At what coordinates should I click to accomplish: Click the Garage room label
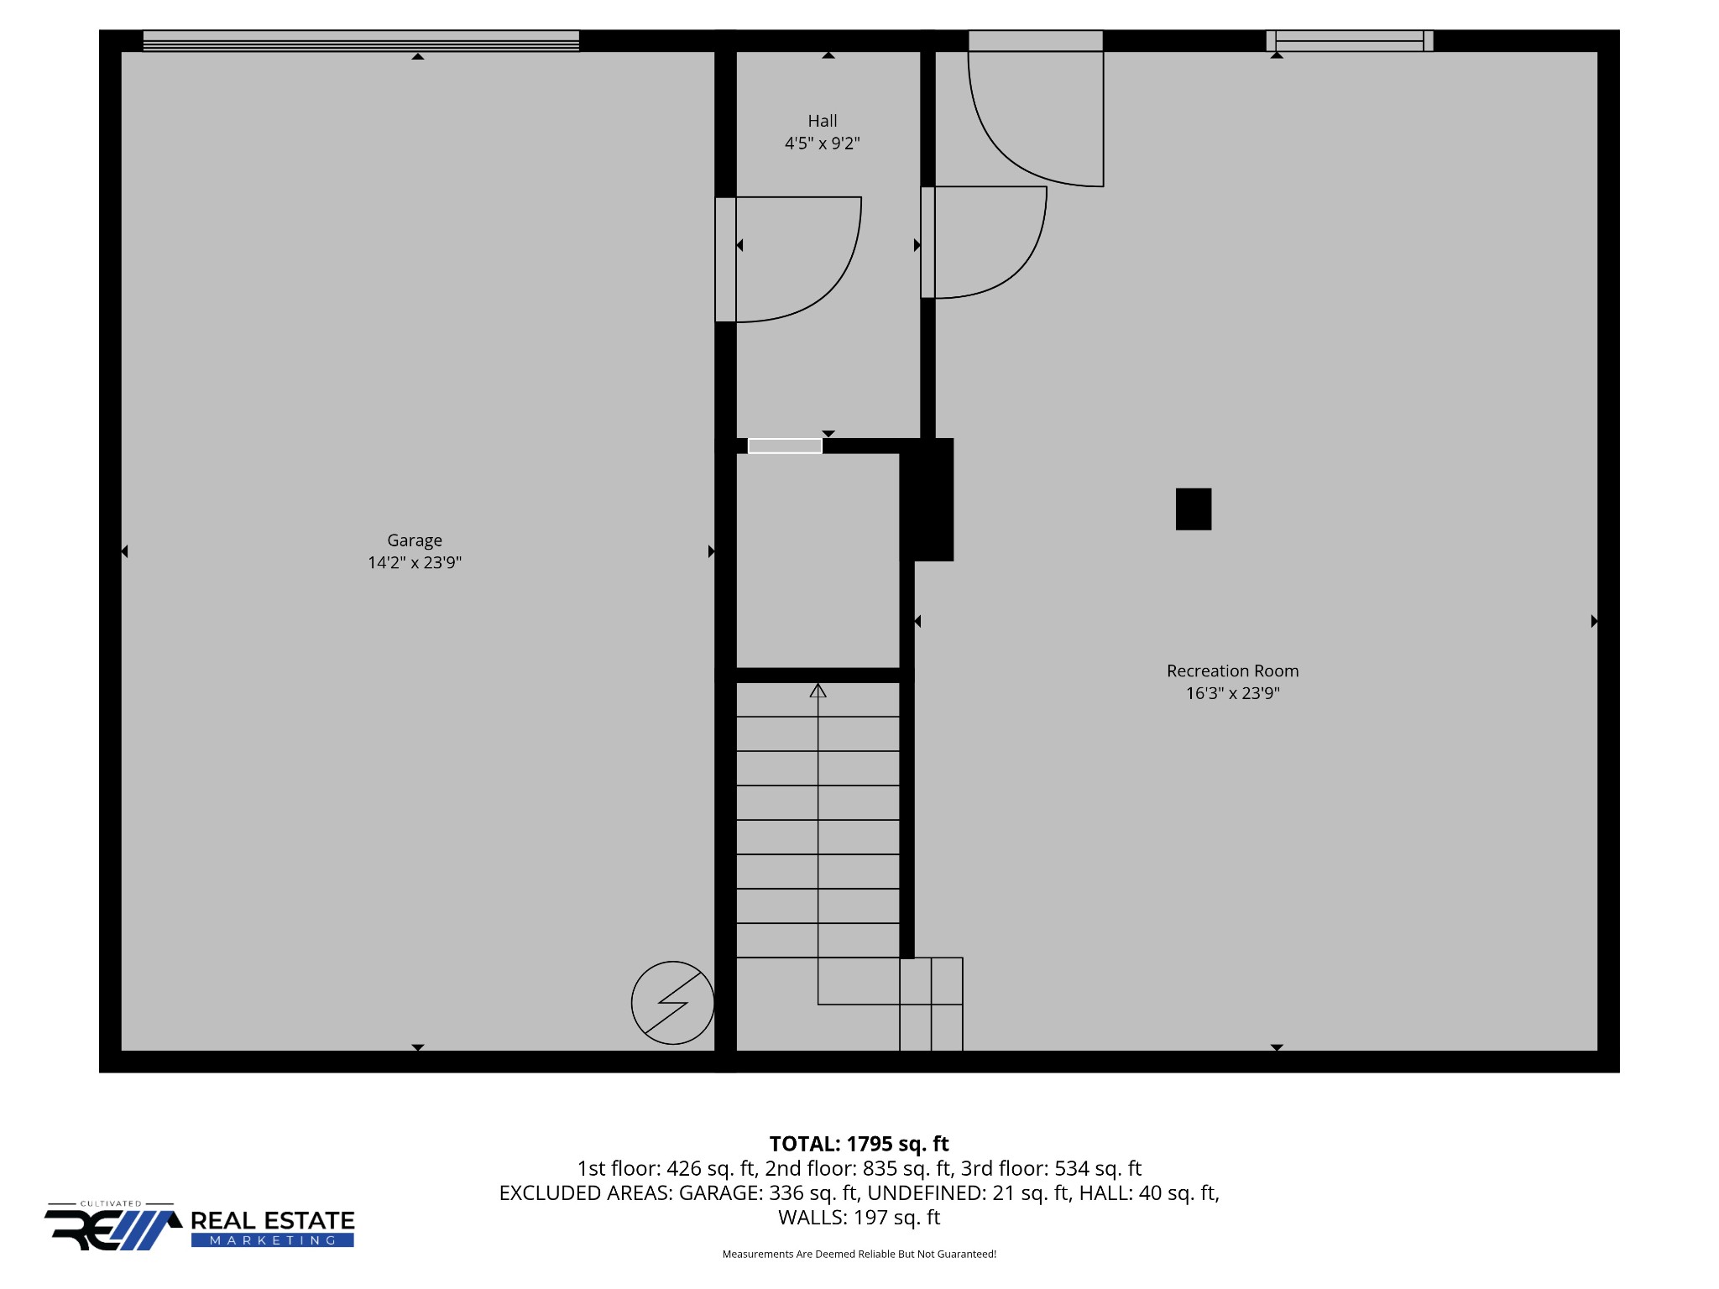coord(415,540)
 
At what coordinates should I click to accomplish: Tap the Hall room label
coord(823,121)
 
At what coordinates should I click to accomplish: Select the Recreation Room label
coord(1232,671)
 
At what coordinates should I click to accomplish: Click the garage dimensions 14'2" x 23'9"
coord(415,562)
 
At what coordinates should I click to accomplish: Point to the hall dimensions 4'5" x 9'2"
coord(823,144)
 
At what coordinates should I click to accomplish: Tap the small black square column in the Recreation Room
coord(1194,509)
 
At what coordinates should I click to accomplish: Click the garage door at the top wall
coord(361,41)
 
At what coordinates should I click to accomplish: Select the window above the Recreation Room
coord(1350,41)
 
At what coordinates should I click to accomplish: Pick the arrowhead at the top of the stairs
coord(818,690)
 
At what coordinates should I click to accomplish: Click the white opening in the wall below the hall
coord(785,446)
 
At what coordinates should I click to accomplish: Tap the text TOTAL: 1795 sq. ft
coord(859,1144)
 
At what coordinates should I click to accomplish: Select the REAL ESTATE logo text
coord(273,1221)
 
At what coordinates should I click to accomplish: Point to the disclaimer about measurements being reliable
coord(859,1254)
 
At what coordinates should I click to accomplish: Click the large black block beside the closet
coord(927,499)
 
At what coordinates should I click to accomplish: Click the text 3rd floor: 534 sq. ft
coord(1052,1168)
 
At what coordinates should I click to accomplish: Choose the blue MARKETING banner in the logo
coord(273,1240)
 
